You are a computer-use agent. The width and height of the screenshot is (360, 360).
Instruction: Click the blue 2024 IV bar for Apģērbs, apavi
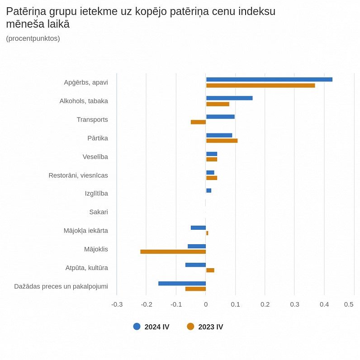pos(269,80)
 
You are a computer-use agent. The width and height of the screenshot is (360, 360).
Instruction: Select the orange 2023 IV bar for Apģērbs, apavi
pos(261,85)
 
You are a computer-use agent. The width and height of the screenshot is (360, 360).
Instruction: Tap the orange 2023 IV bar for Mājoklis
pos(173,251)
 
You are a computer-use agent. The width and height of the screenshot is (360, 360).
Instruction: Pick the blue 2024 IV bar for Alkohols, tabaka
pos(229,98)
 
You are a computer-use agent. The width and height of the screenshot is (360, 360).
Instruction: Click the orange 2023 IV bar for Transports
pos(198,122)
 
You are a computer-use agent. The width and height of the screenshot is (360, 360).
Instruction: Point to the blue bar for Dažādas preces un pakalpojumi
pos(182,284)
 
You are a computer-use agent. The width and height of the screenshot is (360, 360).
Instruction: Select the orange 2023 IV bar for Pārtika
pos(222,141)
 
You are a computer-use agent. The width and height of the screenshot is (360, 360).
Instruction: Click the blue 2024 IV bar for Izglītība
pos(208,190)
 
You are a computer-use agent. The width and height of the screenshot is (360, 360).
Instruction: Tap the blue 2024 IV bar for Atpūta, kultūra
pos(195,265)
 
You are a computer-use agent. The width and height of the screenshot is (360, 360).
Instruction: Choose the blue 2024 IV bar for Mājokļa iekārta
pos(198,227)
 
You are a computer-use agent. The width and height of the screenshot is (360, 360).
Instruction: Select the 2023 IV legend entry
pos(205,327)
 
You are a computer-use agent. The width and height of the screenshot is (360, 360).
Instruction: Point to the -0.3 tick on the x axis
pos(117,304)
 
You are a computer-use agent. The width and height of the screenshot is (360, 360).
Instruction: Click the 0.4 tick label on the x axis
pos(324,304)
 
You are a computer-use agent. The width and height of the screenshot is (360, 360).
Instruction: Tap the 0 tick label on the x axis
pos(206,304)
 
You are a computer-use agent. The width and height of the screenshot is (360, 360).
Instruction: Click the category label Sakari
pos(99,212)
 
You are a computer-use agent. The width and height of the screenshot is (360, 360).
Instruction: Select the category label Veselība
pos(95,156)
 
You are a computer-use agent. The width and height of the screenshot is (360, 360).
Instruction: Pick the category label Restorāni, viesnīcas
pos(78,175)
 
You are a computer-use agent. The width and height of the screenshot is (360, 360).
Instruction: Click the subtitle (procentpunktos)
pos(33,38)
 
